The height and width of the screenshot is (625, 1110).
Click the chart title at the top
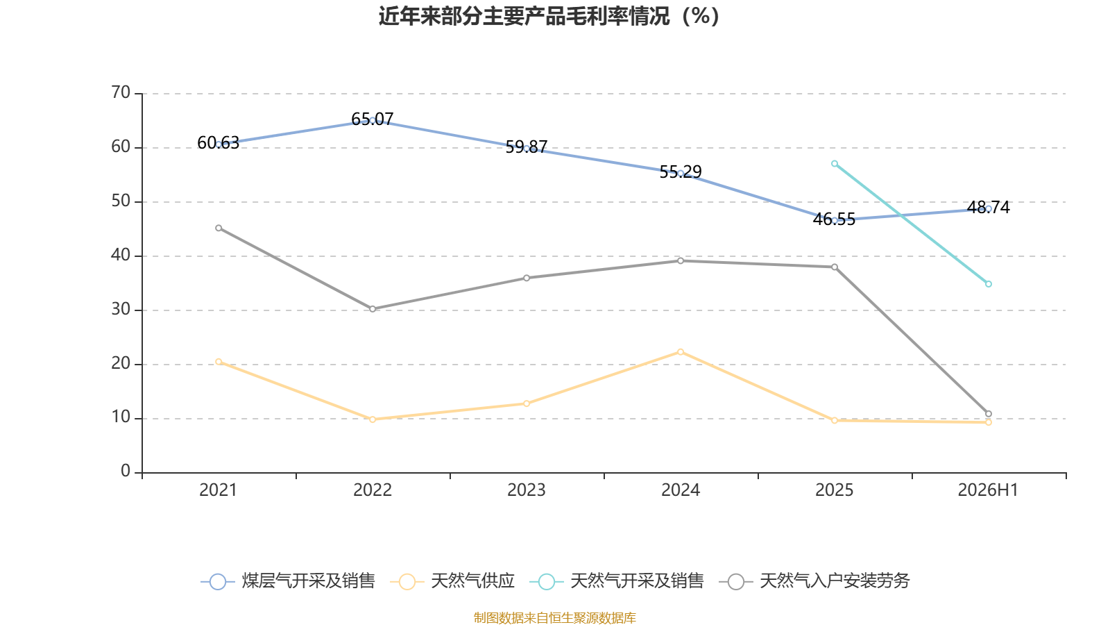click(549, 17)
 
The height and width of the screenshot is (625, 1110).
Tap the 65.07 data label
click(372, 119)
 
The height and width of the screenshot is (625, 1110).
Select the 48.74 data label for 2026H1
click(988, 208)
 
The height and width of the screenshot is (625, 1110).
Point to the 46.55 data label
click(834, 219)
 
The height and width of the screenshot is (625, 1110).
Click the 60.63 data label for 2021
click(218, 143)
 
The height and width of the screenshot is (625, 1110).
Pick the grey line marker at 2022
click(373, 309)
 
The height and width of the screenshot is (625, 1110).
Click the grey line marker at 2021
click(219, 228)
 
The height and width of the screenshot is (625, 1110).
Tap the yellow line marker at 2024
click(681, 352)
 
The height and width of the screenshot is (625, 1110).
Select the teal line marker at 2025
click(835, 164)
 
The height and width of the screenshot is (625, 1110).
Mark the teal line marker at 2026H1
click(989, 284)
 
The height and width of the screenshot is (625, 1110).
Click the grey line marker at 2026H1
click(989, 414)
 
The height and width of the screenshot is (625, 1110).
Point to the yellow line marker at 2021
click(219, 362)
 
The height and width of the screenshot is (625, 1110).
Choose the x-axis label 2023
click(527, 490)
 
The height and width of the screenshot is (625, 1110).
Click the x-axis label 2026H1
click(988, 490)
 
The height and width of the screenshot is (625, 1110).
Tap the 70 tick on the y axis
click(121, 93)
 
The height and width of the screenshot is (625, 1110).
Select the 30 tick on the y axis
click(121, 310)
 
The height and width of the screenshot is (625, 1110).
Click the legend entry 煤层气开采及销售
click(288, 581)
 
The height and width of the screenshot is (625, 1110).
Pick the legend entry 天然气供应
click(452, 581)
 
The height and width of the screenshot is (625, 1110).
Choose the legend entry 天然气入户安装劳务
click(814, 581)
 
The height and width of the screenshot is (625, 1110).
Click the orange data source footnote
click(554, 617)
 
